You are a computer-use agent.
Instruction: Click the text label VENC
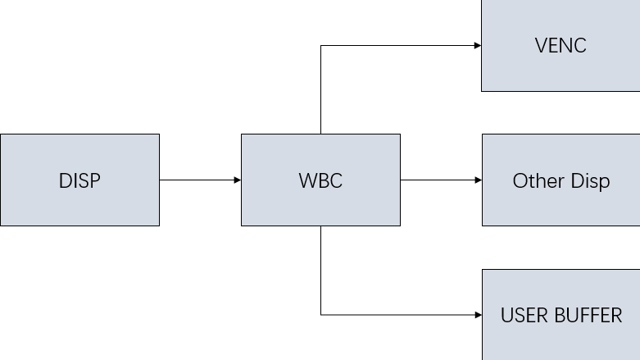[x=561, y=46]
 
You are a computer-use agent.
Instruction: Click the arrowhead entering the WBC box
[x=237, y=180]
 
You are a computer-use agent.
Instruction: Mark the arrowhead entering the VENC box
[x=477, y=45]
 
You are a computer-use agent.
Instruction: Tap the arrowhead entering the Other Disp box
[x=477, y=180]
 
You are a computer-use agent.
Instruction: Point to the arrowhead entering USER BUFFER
[x=477, y=314]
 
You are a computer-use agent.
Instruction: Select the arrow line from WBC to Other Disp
[x=438, y=180]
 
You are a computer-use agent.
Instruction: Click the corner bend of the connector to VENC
[x=320, y=45]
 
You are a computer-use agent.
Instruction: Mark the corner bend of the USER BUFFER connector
[x=320, y=314]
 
